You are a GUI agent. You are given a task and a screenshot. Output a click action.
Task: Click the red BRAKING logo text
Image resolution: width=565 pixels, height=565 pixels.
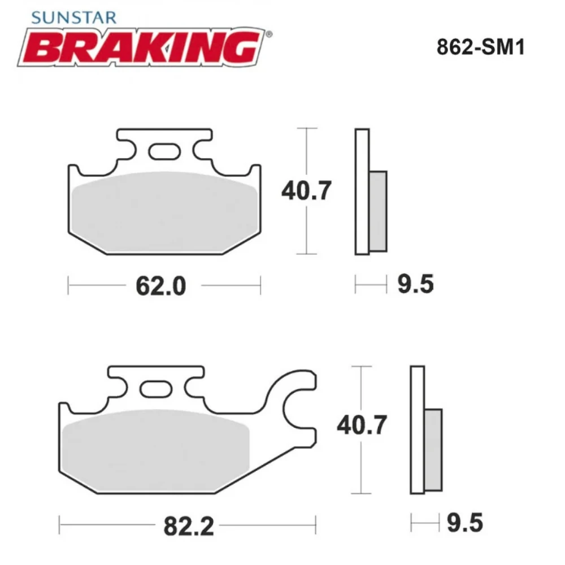click(x=141, y=48)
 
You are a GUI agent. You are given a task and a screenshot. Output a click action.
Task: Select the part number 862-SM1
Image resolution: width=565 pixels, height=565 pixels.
click(x=481, y=47)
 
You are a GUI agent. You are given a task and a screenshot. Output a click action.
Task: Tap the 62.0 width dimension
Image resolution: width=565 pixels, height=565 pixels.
click(x=160, y=286)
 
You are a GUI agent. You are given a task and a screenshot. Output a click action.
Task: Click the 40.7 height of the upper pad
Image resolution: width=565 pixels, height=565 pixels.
click(x=306, y=192)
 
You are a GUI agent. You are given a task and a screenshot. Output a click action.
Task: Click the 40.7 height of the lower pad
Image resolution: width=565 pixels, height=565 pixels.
click(x=362, y=424)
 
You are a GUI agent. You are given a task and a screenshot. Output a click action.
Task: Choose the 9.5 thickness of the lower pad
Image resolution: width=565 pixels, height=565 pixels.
click(x=464, y=523)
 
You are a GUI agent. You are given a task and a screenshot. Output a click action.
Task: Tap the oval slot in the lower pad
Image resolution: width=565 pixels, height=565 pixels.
click(x=155, y=389)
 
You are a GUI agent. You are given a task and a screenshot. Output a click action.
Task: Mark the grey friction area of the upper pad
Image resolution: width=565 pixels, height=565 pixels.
click(x=164, y=212)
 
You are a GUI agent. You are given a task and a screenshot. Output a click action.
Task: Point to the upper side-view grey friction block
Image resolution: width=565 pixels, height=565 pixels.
click(x=379, y=211)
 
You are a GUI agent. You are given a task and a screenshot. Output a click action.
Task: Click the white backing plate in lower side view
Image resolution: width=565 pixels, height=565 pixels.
click(x=417, y=429)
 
